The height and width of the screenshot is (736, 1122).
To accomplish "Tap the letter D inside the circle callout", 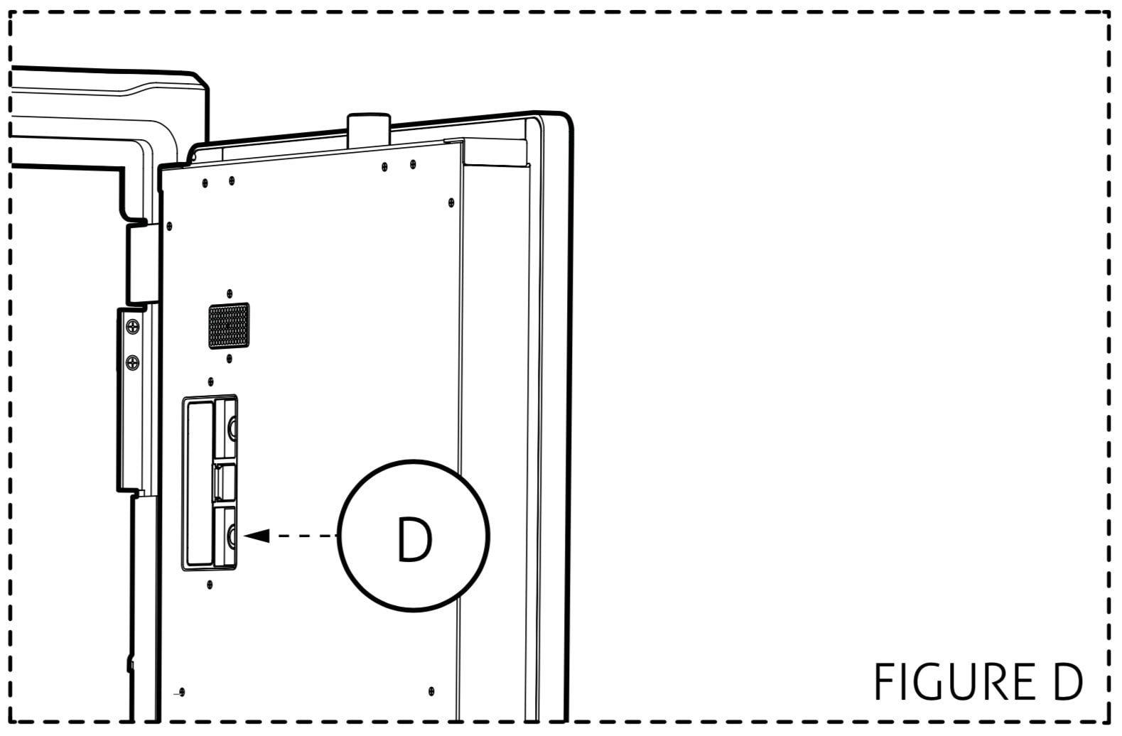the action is coord(414,540).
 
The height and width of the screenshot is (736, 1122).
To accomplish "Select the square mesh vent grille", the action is coord(229,325).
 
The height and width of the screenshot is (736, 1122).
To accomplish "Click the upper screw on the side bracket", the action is coord(133,328).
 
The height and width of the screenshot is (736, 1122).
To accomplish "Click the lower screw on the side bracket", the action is coord(133,362).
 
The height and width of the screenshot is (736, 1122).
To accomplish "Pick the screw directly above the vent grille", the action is coord(230,293).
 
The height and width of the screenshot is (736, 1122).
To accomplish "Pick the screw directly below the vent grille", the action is coord(230,359).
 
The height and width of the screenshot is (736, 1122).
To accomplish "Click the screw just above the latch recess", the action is coord(210,381).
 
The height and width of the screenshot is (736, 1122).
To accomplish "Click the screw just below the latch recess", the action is coord(210,584).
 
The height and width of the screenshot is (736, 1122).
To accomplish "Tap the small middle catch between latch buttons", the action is coord(224,482).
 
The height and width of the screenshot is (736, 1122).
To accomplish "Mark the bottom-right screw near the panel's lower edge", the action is coord(431,691).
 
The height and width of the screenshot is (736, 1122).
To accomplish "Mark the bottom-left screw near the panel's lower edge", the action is coord(182,693).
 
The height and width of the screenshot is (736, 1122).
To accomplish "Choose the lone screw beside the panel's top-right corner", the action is coord(451,202).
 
